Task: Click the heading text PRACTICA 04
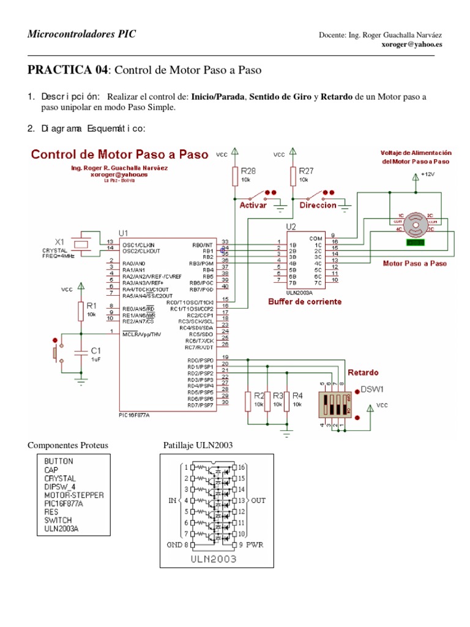click(x=67, y=70)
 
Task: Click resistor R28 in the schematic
click(x=234, y=177)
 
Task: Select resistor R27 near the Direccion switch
click(x=293, y=177)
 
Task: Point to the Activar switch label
click(x=253, y=206)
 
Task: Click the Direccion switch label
click(x=318, y=206)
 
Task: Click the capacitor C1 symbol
click(x=80, y=353)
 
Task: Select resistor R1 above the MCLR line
click(x=80, y=310)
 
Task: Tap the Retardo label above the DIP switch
click(x=363, y=372)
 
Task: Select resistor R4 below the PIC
click(x=286, y=401)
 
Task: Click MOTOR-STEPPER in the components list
click(x=73, y=494)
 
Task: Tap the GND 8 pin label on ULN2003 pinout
click(x=178, y=544)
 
